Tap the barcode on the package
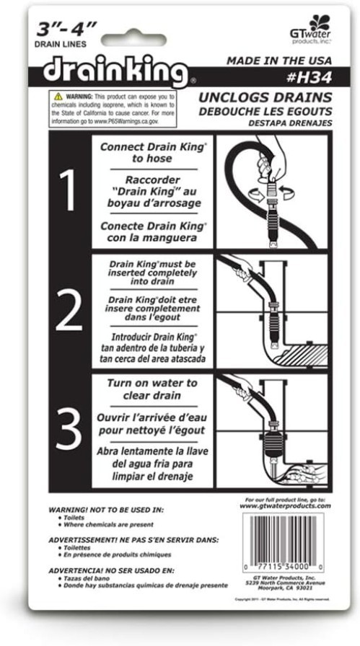[x=284, y=541]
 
